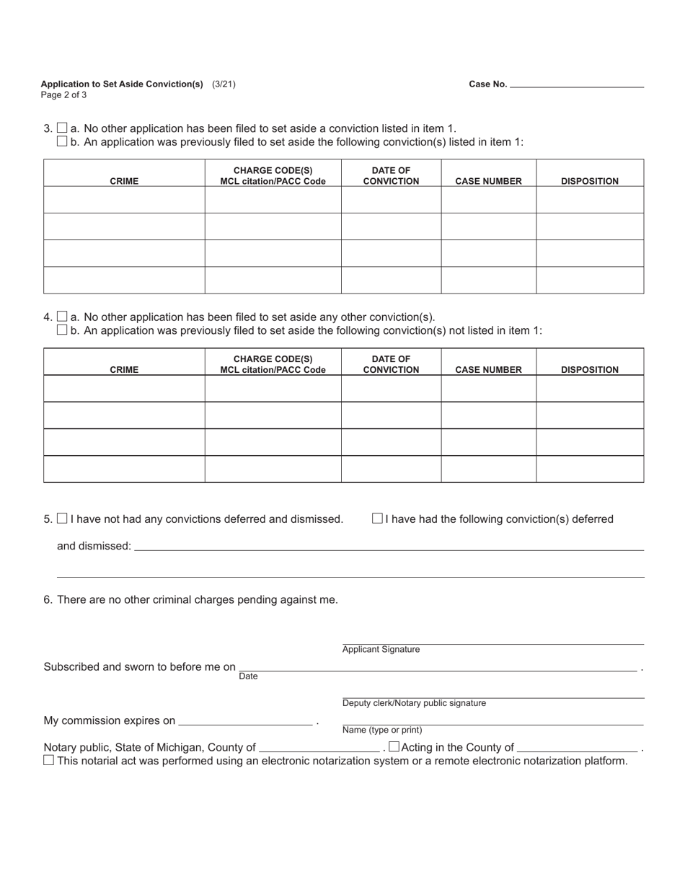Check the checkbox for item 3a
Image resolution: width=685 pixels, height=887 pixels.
click(62, 128)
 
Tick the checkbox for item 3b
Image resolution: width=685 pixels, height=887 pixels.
click(62, 141)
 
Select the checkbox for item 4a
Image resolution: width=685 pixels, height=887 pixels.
click(62, 317)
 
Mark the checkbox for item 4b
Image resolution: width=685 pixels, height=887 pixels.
click(62, 330)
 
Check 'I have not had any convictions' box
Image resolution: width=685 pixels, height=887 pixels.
click(62, 518)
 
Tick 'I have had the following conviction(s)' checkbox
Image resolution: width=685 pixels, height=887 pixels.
click(377, 518)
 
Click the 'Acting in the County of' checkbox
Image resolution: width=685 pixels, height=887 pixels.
click(394, 747)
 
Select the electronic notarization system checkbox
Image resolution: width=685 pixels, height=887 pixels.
click(48, 760)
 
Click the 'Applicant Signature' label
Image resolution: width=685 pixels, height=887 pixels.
click(381, 650)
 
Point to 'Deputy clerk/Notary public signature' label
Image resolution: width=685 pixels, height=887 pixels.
click(414, 703)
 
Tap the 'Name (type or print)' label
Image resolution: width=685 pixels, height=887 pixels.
click(382, 730)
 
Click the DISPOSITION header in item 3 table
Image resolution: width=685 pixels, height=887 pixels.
click(589, 181)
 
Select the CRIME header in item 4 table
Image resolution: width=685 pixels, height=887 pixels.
click(124, 370)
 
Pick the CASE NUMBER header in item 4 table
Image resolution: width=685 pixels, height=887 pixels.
click(488, 370)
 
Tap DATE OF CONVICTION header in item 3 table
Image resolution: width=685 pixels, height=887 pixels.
click(391, 176)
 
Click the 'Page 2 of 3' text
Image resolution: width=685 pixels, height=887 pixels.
click(63, 95)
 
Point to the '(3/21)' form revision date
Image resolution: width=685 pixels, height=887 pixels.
click(224, 84)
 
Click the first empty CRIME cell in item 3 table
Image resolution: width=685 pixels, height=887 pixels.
click(124, 200)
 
